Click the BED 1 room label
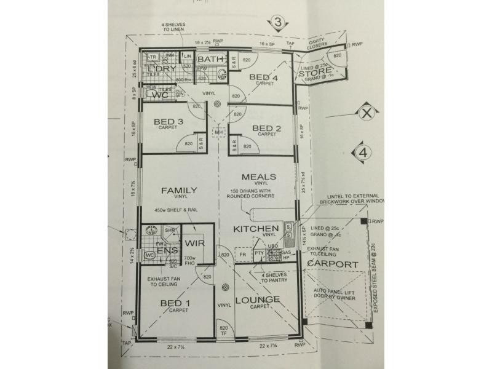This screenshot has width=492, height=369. [171, 303]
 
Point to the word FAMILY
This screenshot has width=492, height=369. [179, 190]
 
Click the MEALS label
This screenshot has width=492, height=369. [258, 177]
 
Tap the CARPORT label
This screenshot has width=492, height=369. [332, 264]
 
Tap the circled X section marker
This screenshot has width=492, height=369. [365, 113]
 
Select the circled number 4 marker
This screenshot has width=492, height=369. [363, 151]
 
